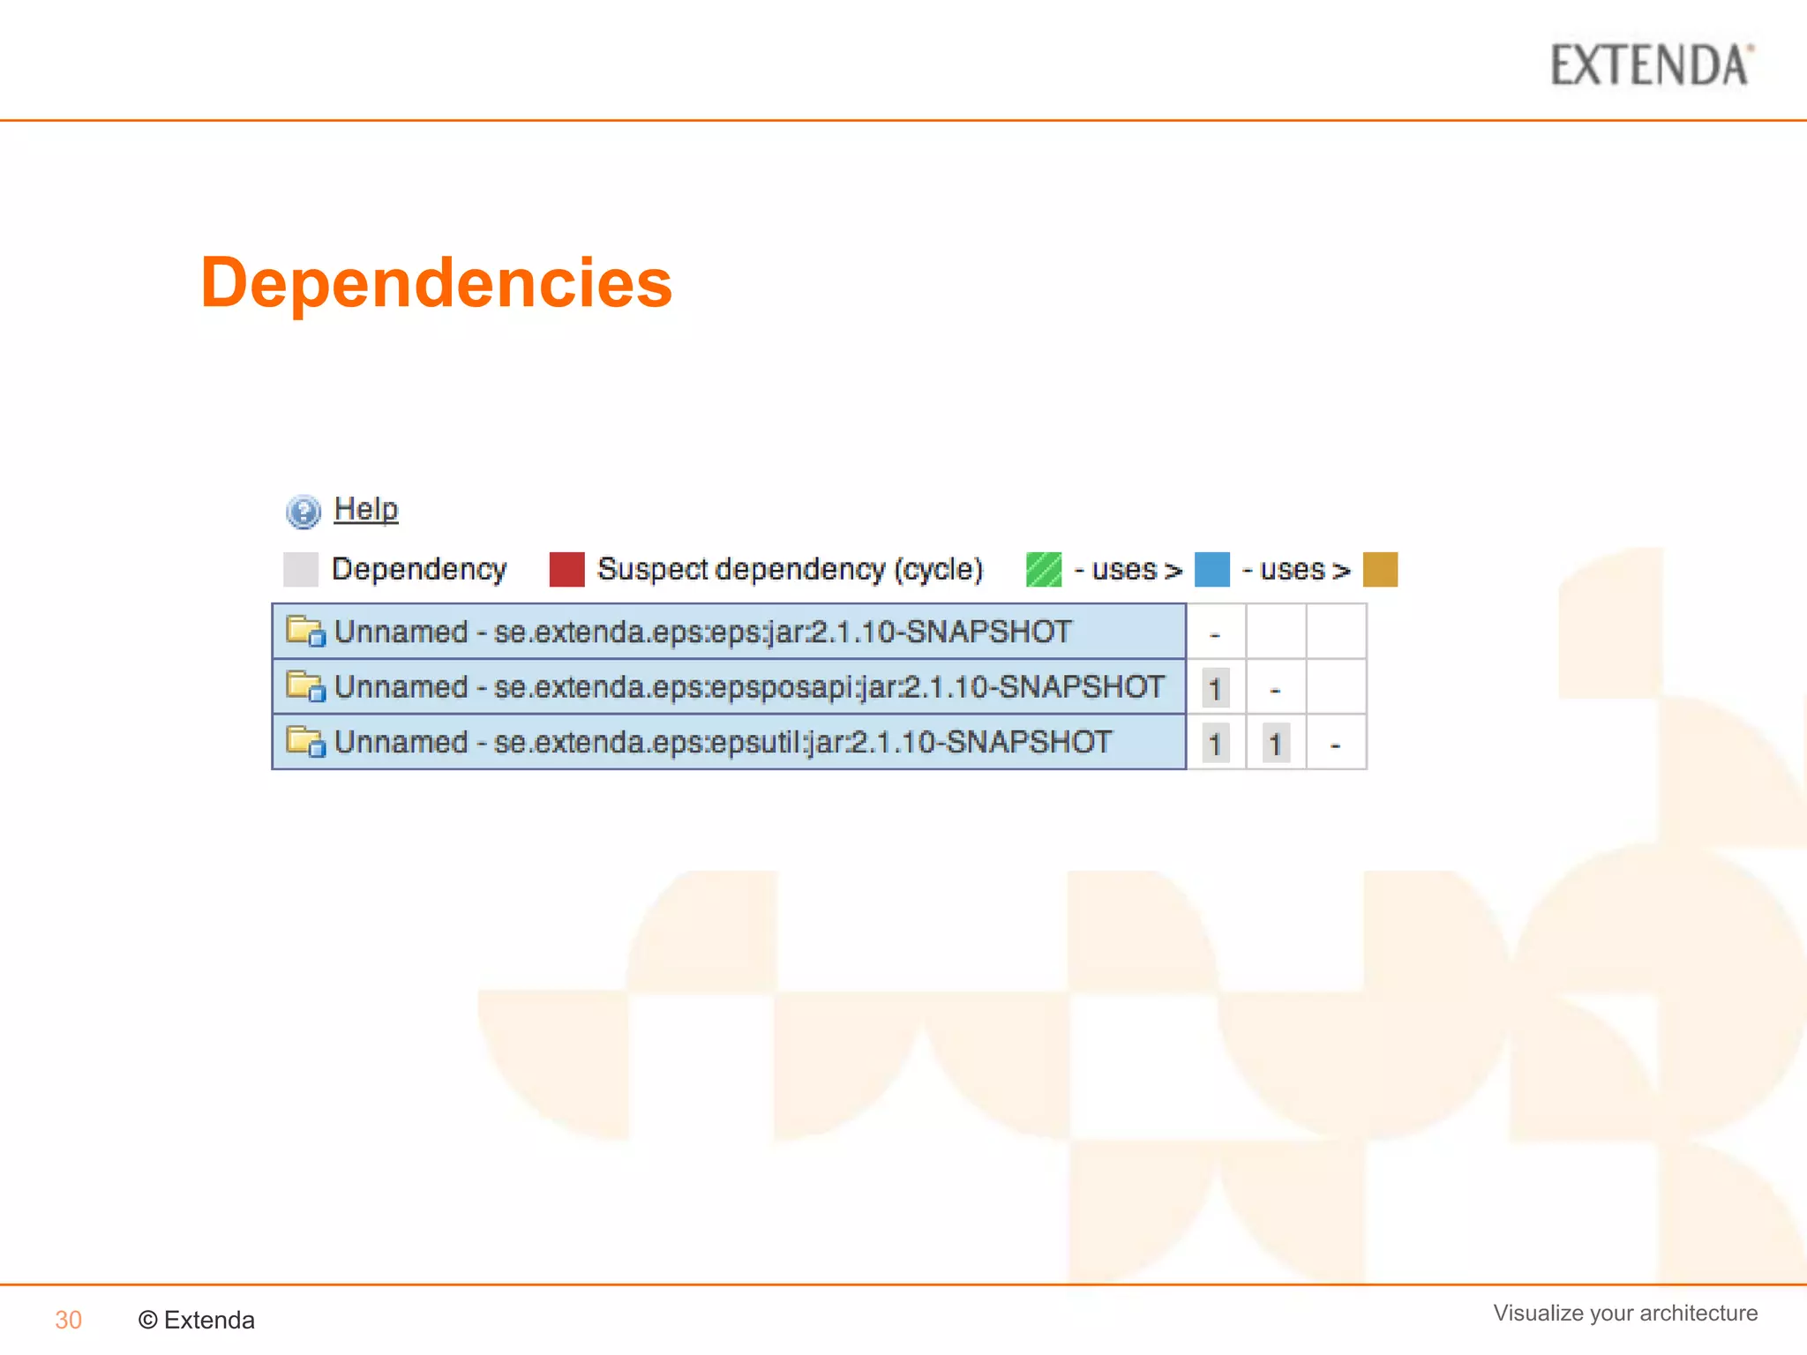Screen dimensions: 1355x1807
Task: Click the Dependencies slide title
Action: pos(436,282)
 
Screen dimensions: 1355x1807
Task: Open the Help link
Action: pos(366,509)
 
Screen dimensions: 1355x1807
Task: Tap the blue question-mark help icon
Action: pos(303,512)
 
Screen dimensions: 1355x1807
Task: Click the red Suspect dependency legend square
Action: pos(566,569)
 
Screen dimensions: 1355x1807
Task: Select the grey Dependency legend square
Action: pos(300,569)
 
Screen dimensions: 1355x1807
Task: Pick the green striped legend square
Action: pos(1044,569)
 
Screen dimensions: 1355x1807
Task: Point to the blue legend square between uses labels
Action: pos(1211,569)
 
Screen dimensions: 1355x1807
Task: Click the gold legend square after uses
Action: pos(1380,569)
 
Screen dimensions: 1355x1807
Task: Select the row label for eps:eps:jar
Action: pos(702,632)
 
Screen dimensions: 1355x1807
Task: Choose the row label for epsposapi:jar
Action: pos(749,686)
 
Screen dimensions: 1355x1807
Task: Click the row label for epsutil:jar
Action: pos(723,742)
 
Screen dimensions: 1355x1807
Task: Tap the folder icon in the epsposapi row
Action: pos(305,686)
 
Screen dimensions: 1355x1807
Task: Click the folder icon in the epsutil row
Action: pos(305,742)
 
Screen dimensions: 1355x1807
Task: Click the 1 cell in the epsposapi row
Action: pos(1215,688)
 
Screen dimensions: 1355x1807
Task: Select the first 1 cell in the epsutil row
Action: pos(1215,744)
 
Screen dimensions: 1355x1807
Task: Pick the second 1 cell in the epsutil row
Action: pos(1275,744)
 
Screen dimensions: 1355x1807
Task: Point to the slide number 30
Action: pos(68,1320)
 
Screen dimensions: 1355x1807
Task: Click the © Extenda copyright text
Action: pos(197,1320)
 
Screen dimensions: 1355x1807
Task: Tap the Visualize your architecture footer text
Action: pos(1625,1313)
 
